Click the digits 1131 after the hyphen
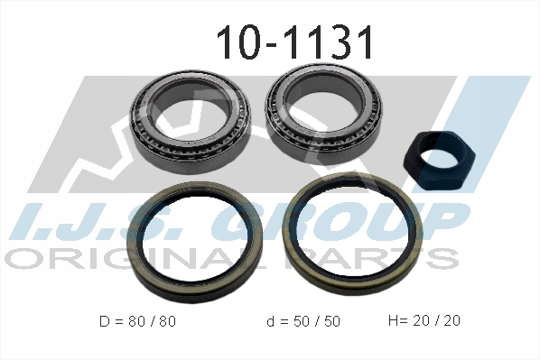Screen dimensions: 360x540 [330, 42]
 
